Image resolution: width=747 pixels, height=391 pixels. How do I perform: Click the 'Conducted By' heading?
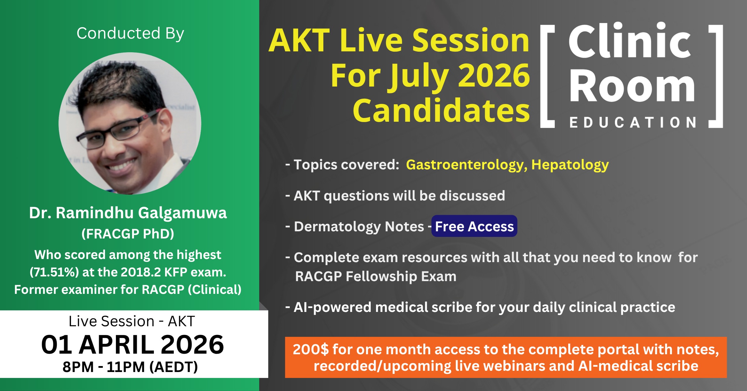click(130, 33)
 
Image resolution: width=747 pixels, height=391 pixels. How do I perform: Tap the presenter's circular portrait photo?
click(130, 123)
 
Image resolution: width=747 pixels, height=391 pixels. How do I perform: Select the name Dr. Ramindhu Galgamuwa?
click(128, 213)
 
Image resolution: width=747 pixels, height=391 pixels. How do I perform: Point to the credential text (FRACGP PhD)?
click(128, 234)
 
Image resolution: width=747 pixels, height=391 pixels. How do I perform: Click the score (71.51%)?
click(54, 272)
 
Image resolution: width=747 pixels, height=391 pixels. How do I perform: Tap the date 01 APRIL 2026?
click(133, 345)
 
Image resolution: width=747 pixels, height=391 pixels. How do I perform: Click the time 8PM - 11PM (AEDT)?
click(130, 367)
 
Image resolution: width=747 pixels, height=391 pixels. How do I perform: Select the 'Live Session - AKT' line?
click(132, 321)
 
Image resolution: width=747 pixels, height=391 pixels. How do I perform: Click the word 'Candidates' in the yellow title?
click(441, 110)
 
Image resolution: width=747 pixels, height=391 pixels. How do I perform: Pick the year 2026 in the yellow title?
click(494, 75)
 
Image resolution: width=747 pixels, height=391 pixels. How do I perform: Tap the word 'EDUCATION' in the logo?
click(633, 123)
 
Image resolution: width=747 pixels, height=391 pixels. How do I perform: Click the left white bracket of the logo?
click(547, 76)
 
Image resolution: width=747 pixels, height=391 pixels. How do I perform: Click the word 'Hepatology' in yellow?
click(570, 165)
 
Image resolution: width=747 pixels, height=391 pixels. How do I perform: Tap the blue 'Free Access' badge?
click(474, 226)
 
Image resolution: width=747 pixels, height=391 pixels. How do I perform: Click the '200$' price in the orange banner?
click(311, 350)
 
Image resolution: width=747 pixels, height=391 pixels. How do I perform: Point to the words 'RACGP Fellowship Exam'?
click(376, 276)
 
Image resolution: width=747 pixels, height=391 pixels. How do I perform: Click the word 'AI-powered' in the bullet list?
click(333, 308)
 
